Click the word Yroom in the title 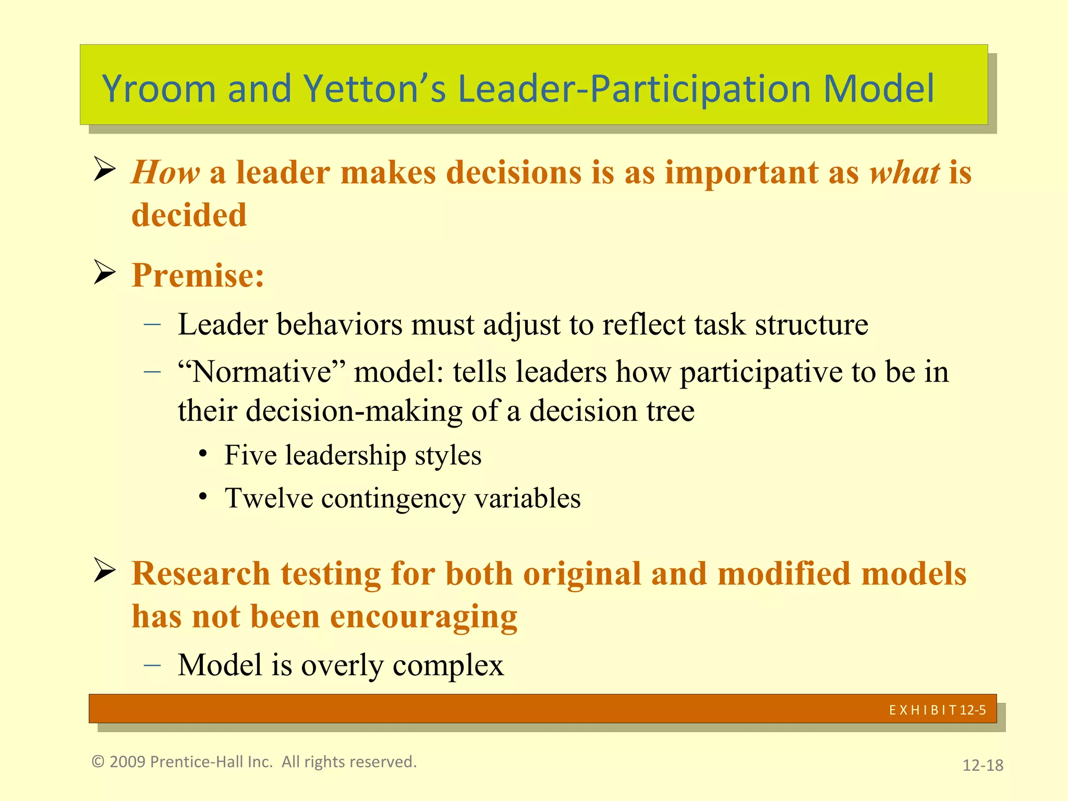tap(159, 89)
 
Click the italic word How tap(165, 172)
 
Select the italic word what tap(904, 172)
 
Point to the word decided tap(189, 215)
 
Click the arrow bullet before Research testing tap(104, 571)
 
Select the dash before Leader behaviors tap(152, 324)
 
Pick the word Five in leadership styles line tap(250, 455)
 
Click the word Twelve tap(269, 498)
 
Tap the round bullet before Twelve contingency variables tap(203, 496)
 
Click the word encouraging tap(423, 616)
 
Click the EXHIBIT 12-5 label tap(937, 710)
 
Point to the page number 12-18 tap(982, 765)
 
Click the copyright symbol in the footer tap(98, 762)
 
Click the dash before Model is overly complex tap(152, 665)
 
